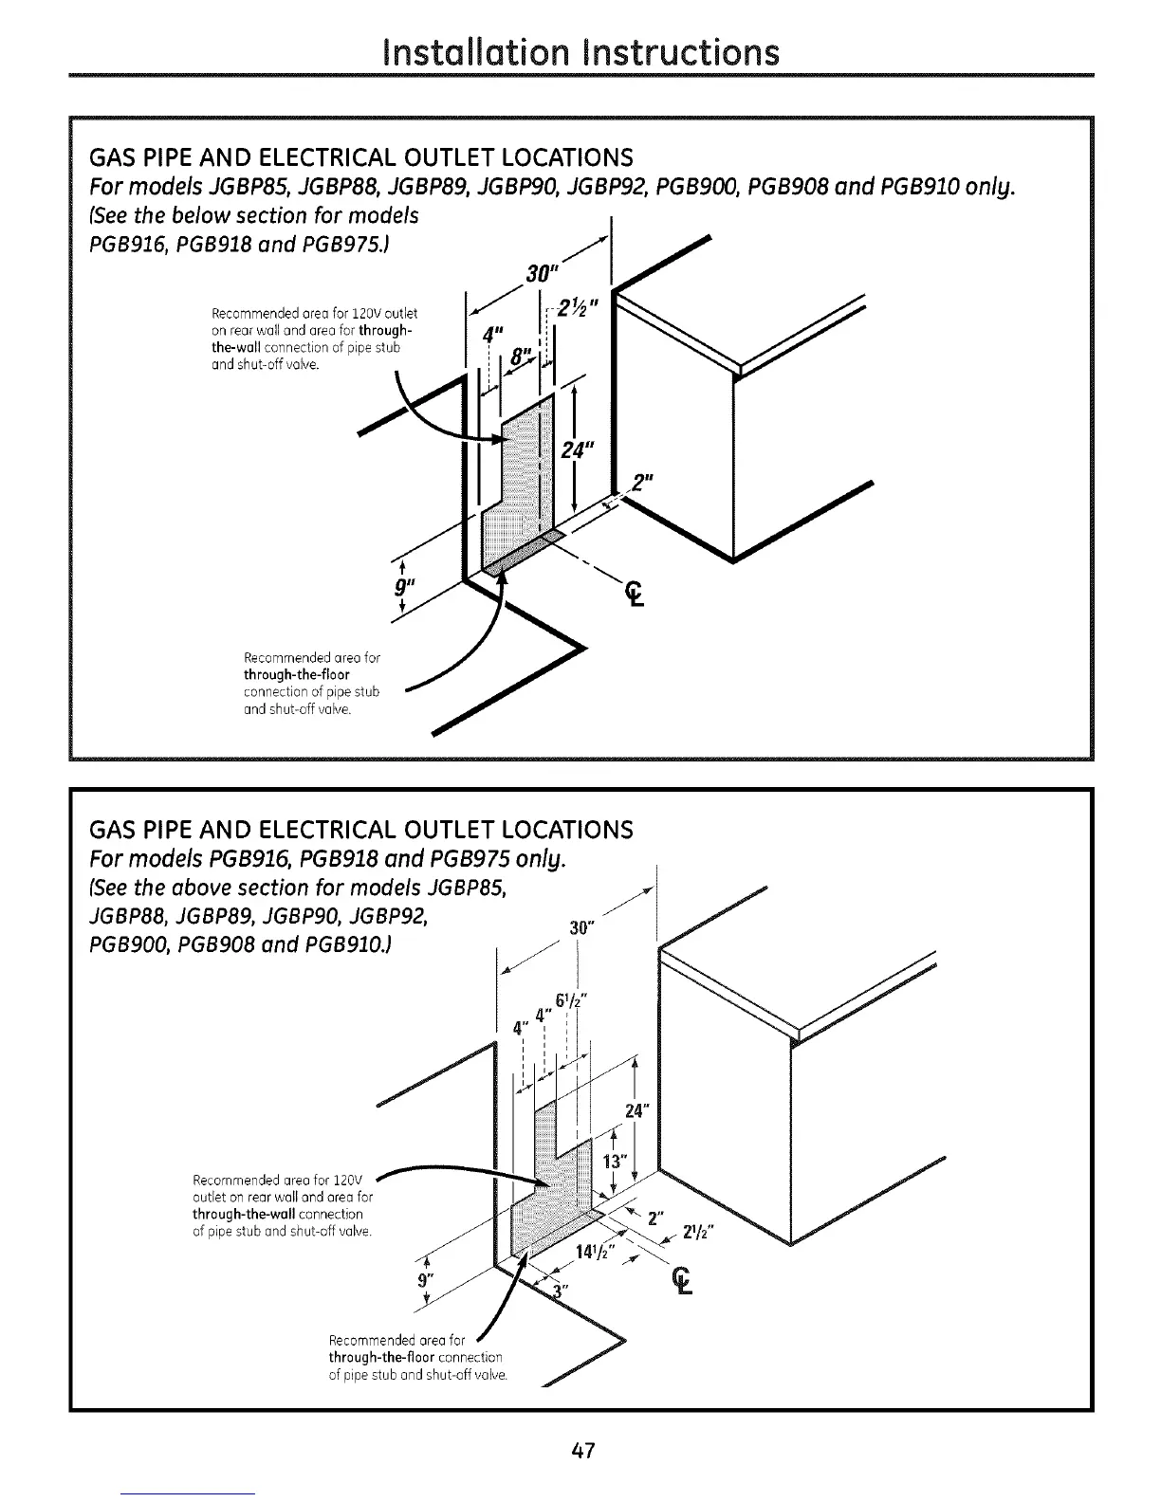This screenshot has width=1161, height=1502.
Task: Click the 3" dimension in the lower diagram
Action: [561, 1292]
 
